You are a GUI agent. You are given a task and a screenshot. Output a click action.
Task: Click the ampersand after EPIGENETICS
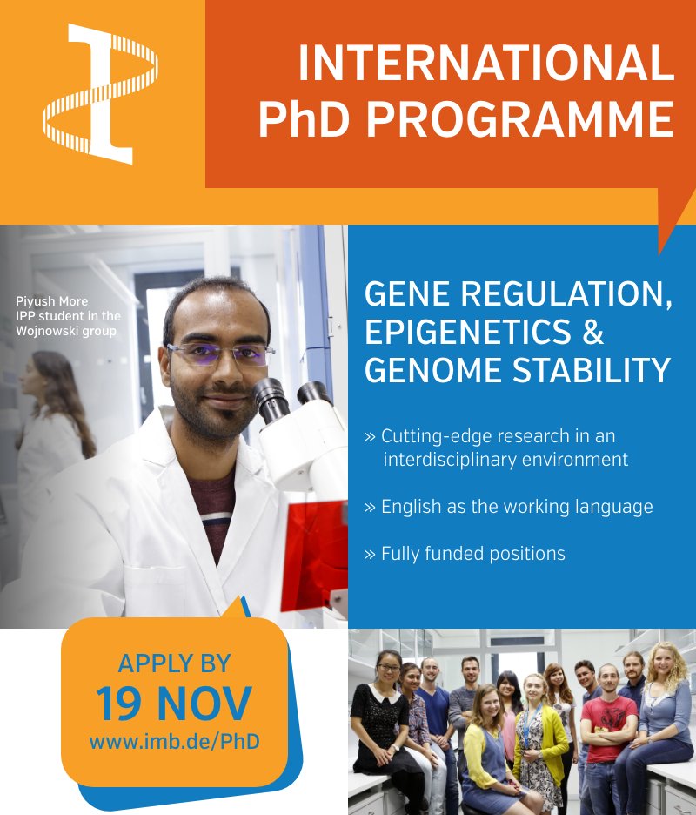[592, 333]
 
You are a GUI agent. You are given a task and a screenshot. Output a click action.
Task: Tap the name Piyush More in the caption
[51, 301]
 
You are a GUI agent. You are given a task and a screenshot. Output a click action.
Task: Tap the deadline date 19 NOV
[174, 704]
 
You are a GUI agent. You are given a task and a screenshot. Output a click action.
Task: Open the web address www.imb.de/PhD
[174, 742]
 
